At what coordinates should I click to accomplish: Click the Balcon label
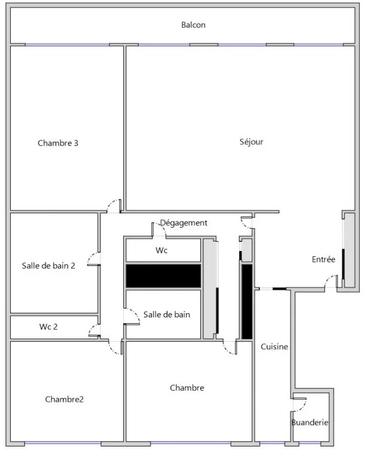[x=193, y=25]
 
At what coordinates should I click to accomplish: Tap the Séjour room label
[x=251, y=142]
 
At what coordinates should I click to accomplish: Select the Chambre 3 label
[x=58, y=143]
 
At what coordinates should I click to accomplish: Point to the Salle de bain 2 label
[x=48, y=266]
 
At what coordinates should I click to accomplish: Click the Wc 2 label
[x=48, y=327]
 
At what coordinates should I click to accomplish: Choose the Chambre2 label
[x=65, y=399]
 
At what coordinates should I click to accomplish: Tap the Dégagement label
[x=184, y=223]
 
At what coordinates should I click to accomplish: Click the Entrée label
[x=323, y=259]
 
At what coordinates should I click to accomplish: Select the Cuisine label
[x=274, y=347]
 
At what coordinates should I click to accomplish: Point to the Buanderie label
[x=310, y=423]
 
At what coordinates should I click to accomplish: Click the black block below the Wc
[x=163, y=276]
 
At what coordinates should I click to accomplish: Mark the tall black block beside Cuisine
[x=247, y=301]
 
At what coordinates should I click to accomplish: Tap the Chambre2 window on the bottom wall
[x=63, y=443]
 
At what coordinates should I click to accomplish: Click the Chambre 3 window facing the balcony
[x=68, y=45]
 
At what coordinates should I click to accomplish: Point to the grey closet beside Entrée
[x=349, y=250]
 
